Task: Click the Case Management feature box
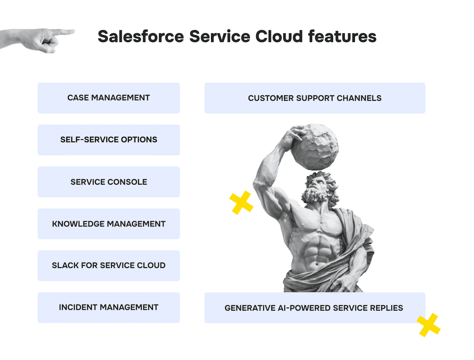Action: tap(109, 98)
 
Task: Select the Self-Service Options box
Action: tap(109, 140)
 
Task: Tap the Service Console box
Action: tap(109, 182)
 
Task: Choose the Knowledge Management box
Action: tap(109, 224)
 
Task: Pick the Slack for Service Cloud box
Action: tap(109, 265)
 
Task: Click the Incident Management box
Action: tap(109, 307)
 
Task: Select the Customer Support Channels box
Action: tap(315, 98)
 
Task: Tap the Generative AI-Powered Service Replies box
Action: tap(315, 308)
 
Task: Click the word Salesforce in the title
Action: tap(141, 36)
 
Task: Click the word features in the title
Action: tap(342, 36)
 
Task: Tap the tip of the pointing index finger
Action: tap(74, 31)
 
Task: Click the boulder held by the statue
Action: tap(314, 146)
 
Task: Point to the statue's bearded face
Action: tap(319, 189)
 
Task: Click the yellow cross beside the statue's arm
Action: tap(241, 203)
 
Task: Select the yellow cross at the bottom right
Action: tap(428, 325)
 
